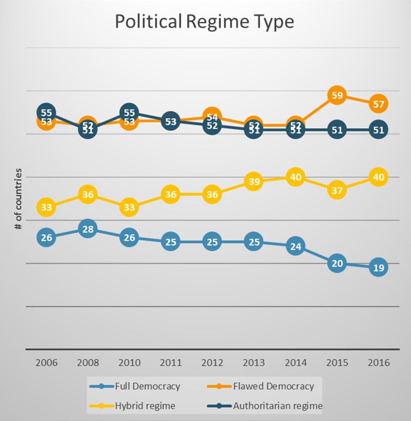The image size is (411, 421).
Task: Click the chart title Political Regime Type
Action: [204, 22]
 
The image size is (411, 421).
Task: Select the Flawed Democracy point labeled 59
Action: [337, 95]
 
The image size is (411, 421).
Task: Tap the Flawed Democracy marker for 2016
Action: [378, 104]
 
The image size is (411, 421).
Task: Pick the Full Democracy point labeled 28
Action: [88, 229]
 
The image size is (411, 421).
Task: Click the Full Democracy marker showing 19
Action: [378, 268]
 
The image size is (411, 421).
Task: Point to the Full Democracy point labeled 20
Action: [337, 264]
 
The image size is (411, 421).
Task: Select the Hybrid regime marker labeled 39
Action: [254, 182]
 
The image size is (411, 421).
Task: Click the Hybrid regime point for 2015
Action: [337, 190]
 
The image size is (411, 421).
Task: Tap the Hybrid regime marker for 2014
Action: [295, 178]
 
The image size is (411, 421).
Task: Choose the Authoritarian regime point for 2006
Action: [46, 112]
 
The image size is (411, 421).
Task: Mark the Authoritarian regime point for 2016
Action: [378, 130]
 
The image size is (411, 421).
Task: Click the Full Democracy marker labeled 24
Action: [295, 246]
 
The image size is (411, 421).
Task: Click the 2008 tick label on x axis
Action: [88, 363]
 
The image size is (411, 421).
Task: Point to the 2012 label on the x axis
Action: [212, 363]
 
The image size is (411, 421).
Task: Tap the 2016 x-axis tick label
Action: [378, 363]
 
